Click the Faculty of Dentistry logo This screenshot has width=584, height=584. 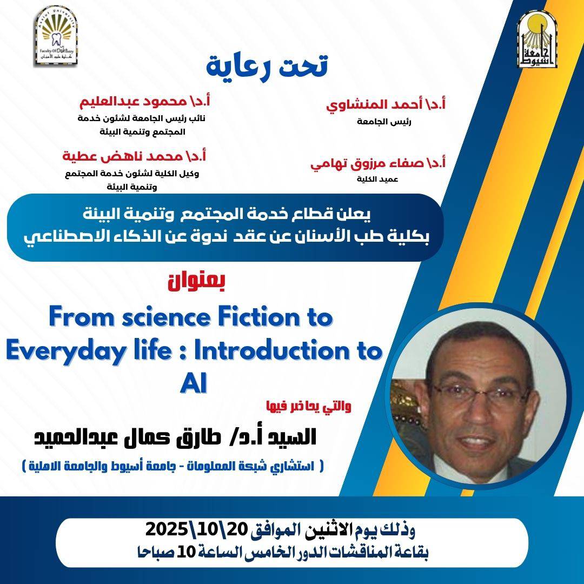click(x=56, y=37)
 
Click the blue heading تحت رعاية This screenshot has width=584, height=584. click(x=267, y=65)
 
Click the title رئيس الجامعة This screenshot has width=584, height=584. click(x=383, y=122)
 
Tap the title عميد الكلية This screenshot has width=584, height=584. click(x=377, y=179)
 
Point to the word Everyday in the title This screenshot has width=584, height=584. click(x=64, y=352)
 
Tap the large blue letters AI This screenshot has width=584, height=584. click(x=193, y=383)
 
